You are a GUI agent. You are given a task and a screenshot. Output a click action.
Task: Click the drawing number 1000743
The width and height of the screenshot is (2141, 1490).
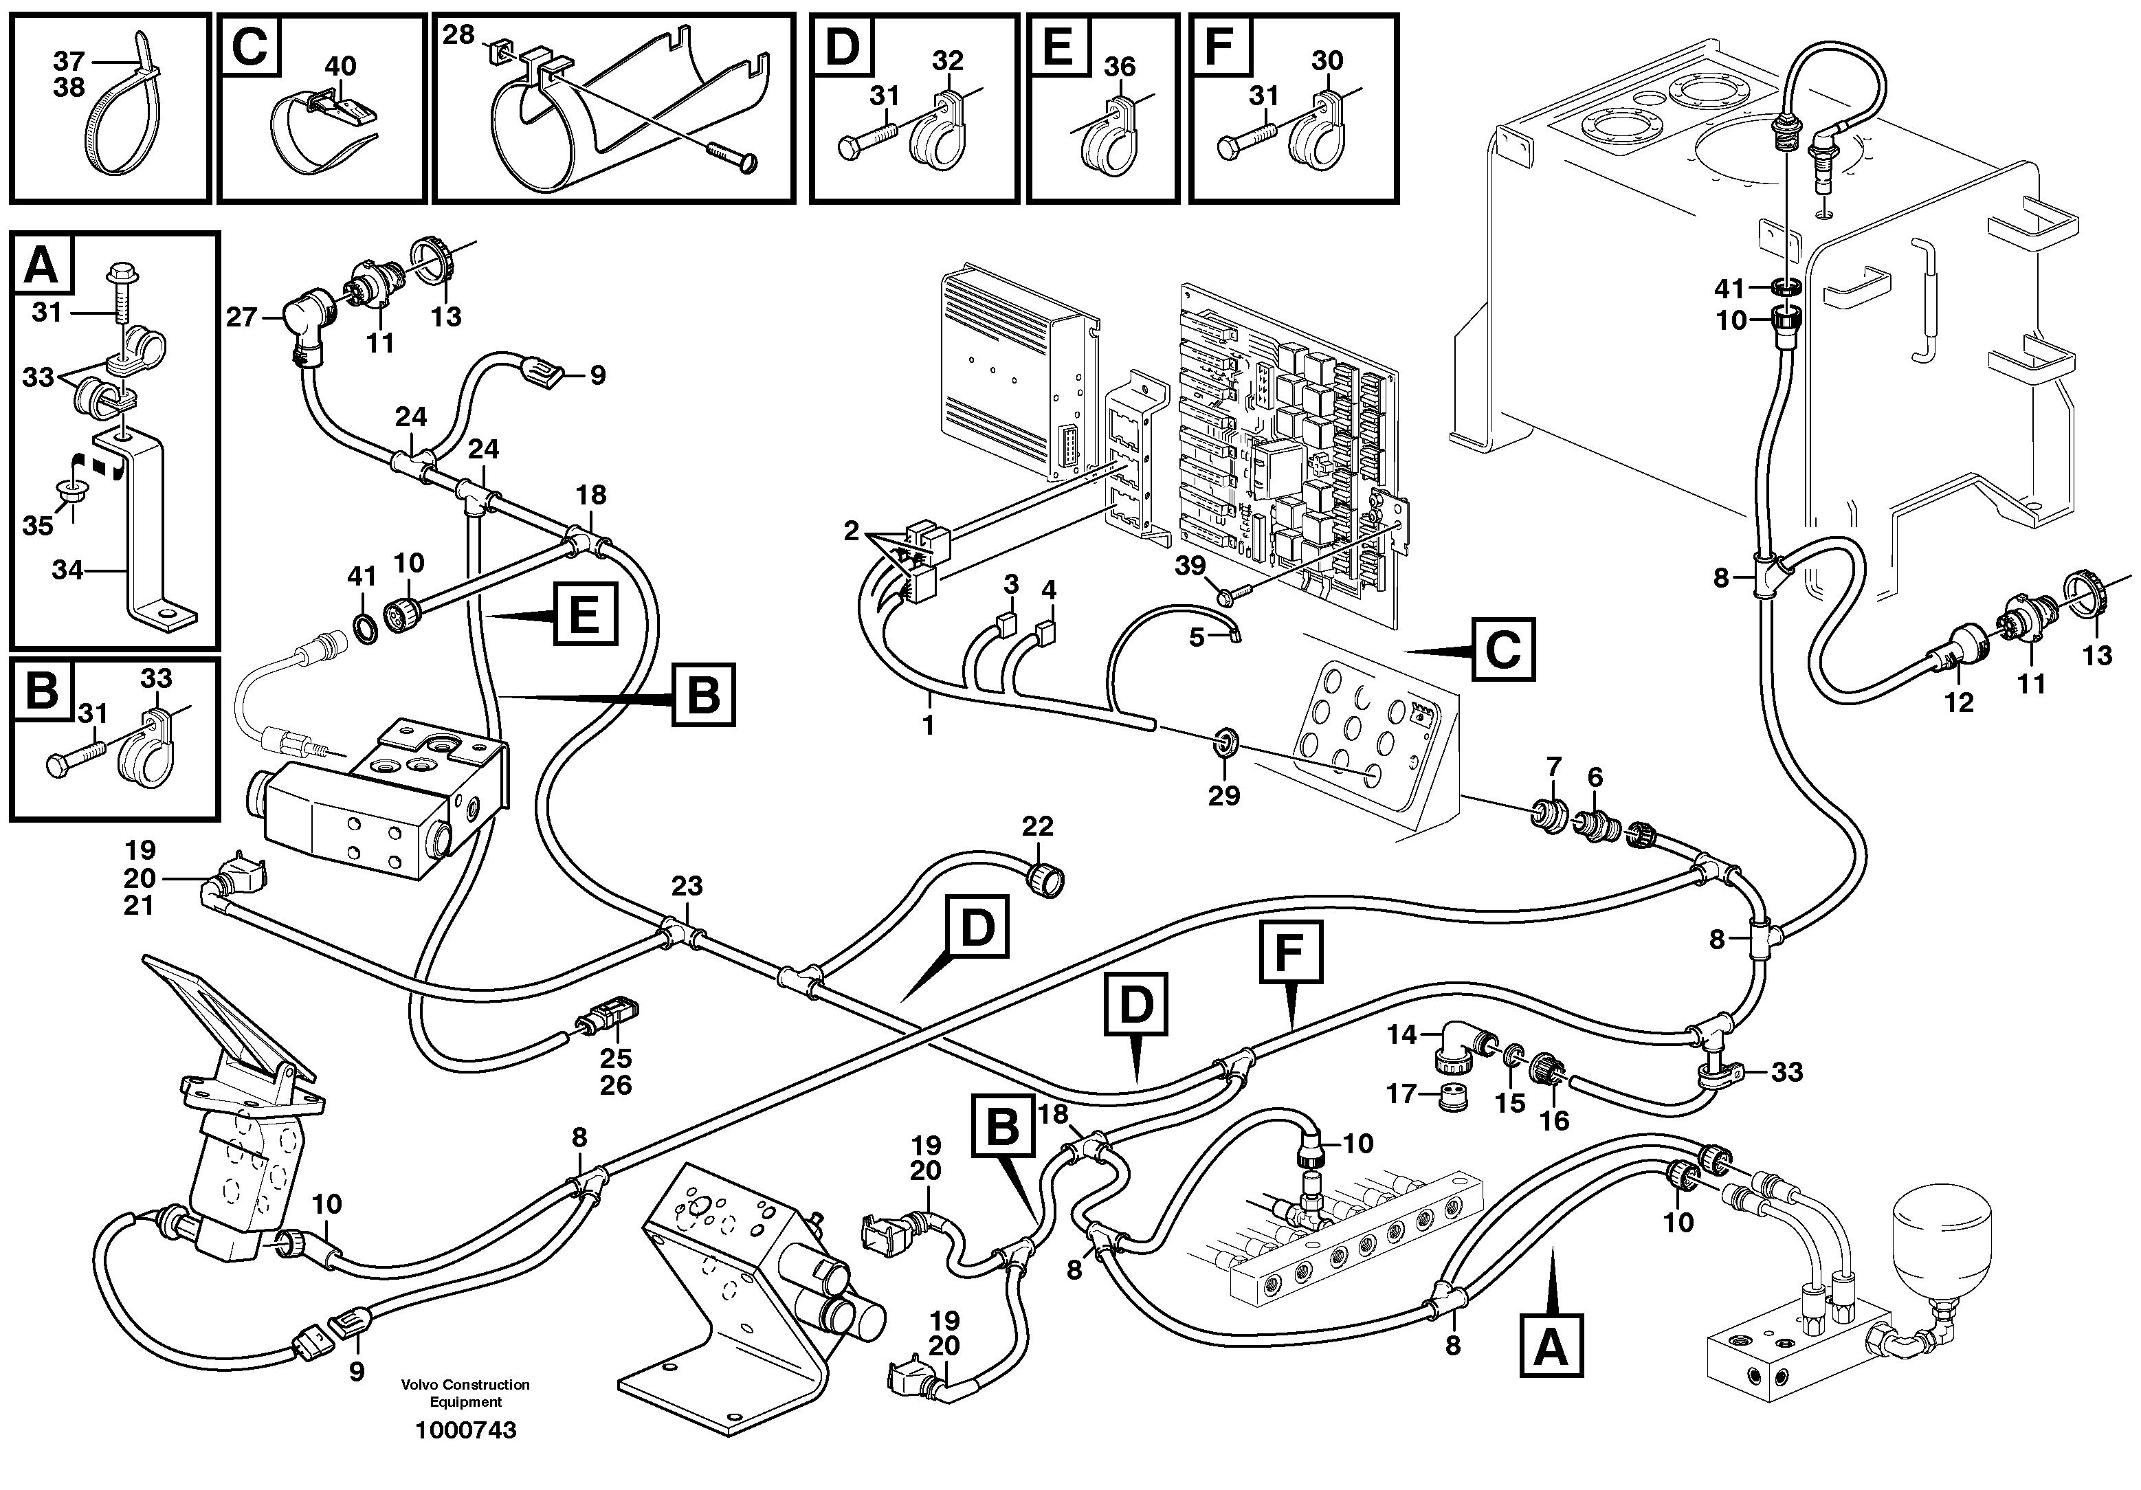click(465, 1430)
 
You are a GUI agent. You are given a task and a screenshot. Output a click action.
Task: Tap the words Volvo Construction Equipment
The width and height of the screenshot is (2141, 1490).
click(465, 1393)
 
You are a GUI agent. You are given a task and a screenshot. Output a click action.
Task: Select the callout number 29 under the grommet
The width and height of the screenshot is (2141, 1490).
click(1223, 794)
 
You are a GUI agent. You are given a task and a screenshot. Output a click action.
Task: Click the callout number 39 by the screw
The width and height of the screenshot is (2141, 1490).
click(1190, 566)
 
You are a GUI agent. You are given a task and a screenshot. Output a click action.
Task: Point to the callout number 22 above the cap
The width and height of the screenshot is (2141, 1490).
click(1037, 825)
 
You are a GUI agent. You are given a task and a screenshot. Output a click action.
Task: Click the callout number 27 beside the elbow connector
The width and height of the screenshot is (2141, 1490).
click(241, 318)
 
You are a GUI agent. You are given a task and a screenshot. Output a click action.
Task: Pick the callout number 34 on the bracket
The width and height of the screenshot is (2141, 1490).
click(67, 569)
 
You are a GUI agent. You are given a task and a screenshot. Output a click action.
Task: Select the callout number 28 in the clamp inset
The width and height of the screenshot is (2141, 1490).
click(458, 34)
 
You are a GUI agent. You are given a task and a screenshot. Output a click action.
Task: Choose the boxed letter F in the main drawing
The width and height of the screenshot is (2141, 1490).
click(1291, 951)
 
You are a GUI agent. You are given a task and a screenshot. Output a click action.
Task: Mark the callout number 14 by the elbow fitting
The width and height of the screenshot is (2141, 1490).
click(1401, 1034)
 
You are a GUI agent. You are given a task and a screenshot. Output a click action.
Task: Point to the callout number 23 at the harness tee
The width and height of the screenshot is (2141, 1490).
click(687, 885)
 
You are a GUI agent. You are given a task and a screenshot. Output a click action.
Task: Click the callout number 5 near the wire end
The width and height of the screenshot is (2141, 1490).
click(1197, 638)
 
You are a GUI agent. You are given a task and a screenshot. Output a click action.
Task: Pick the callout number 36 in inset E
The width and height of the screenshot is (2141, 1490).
click(1119, 66)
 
